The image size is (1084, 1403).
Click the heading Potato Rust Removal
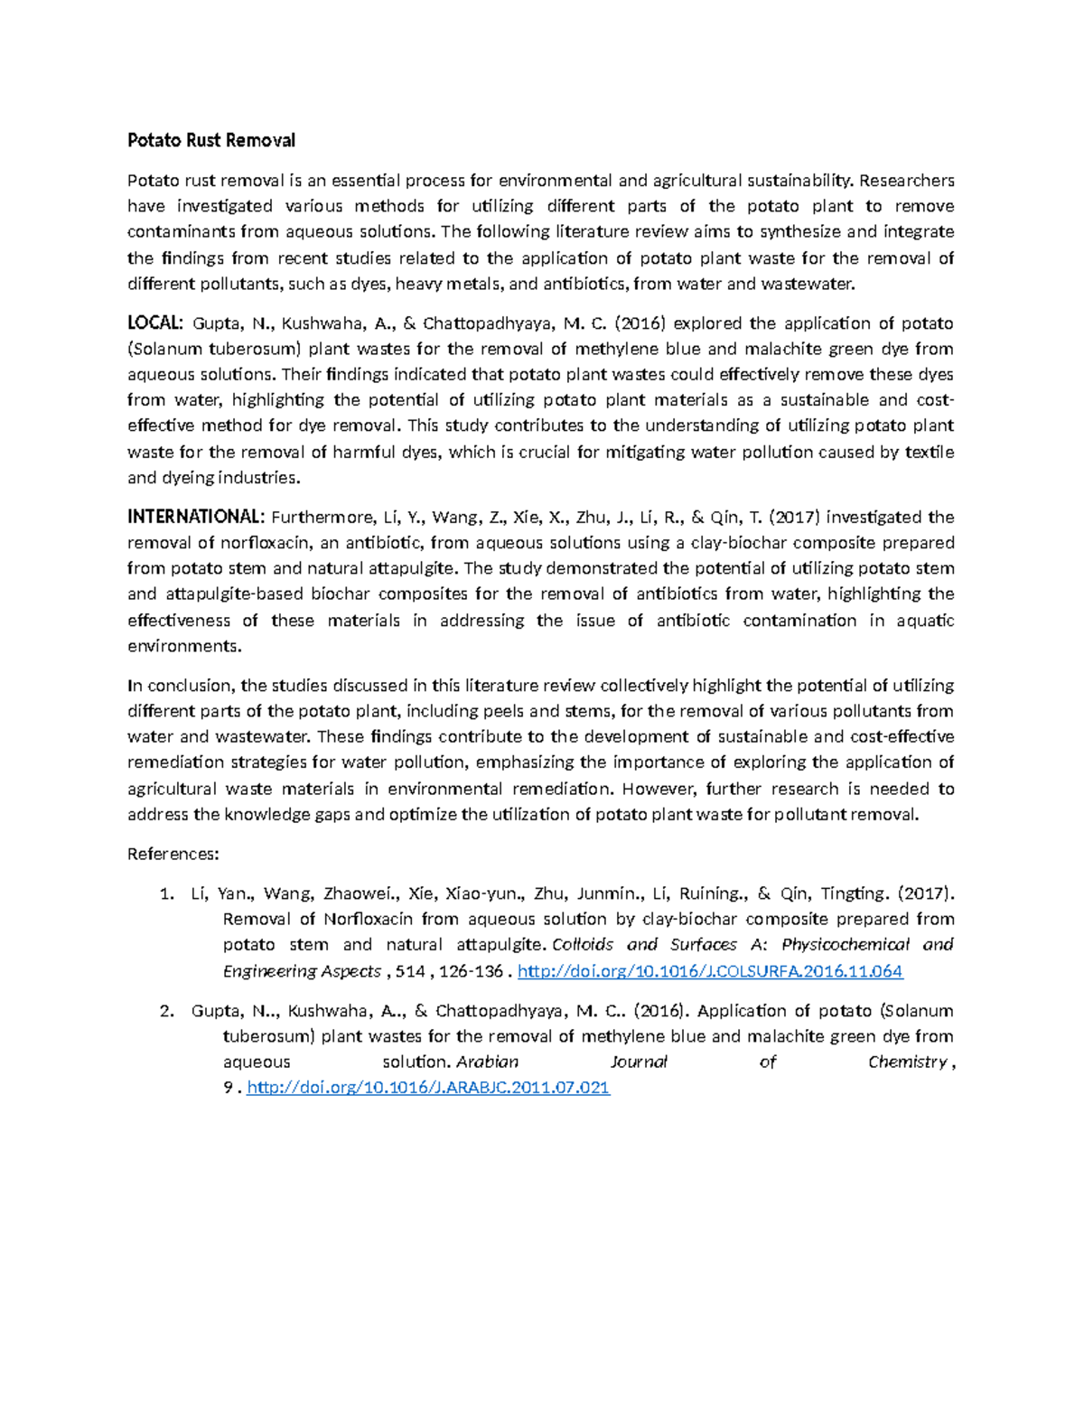[x=210, y=140]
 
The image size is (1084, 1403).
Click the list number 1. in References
[x=165, y=893]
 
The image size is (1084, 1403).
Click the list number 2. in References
[x=165, y=1010]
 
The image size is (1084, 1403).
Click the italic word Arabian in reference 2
[x=489, y=1062]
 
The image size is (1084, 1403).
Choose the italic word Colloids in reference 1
[x=583, y=945]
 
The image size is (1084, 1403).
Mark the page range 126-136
[x=473, y=971]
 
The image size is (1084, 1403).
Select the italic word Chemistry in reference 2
[x=907, y=1062]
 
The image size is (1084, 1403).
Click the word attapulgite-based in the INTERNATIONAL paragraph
[x=235, y=594]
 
